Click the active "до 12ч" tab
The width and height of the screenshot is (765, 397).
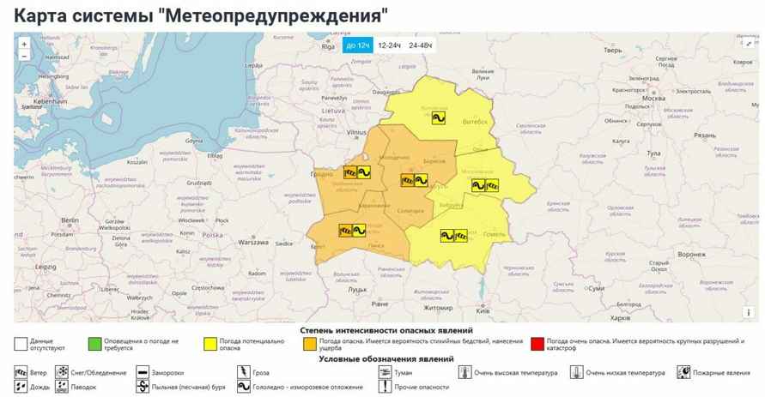click(356, 45)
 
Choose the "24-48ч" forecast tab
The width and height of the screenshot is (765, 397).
click(422, 45)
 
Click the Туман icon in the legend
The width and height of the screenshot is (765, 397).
click(382, 373)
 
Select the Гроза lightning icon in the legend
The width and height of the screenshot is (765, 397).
click(243, 373)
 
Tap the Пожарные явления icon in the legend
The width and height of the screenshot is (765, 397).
click(683, 373)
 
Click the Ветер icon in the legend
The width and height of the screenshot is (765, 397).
click(21, 373)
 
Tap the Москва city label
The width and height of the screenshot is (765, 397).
click(653, 98)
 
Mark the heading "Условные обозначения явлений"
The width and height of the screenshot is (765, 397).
click(386, 358)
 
